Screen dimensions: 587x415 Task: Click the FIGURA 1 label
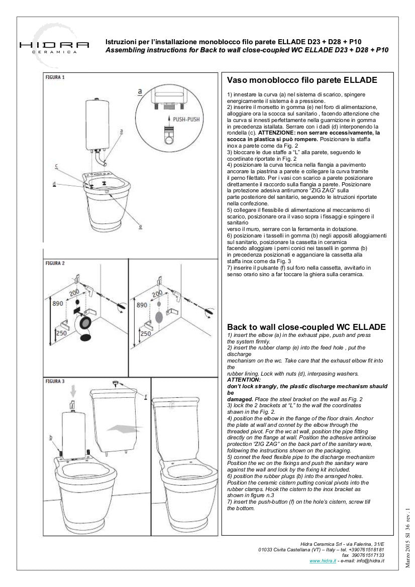click(55, 78)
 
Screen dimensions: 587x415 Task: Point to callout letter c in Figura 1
click(56, 165)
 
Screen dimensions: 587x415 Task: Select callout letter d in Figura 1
click(54, 184)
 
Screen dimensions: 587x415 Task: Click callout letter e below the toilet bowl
click(140, 226)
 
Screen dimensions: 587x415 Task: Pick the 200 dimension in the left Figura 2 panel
click(75, 292)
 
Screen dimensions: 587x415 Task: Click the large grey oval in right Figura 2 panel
click(159, 317)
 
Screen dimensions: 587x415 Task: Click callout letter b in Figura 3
click(51, 437)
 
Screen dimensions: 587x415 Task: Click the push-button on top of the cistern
click(116, 384)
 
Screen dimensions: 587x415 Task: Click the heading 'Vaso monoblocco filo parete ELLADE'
click(302, 80)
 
